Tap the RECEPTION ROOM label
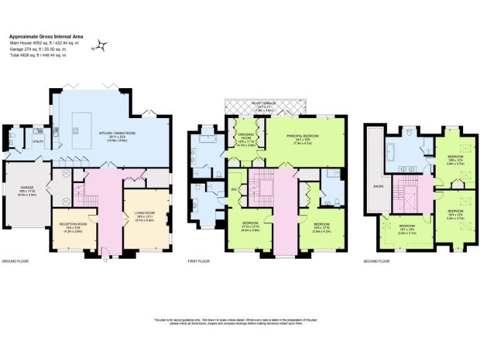(x=74, y=223)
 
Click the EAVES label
(x=377, y=186)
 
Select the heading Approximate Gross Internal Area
(x=46, y=36)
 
